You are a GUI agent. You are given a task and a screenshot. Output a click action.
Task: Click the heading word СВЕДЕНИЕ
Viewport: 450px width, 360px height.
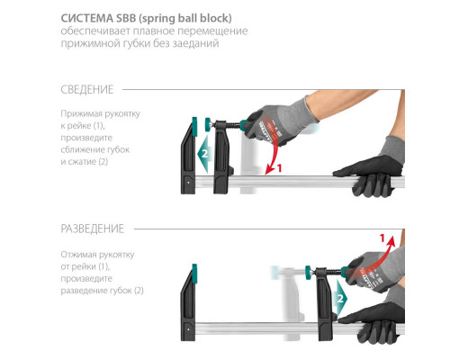point(87,89)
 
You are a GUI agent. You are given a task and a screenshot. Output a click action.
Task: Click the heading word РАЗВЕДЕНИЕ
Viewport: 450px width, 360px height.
point(93,229)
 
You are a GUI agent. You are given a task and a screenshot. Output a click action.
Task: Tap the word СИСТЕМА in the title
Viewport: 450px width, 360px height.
point(87,18)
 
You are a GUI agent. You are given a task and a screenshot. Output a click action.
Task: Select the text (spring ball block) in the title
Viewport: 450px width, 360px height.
point(185,19)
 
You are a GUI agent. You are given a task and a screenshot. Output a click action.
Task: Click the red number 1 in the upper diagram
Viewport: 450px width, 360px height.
point(280,168)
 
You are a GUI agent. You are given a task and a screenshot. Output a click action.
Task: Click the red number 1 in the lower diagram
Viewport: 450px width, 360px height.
point(382,238)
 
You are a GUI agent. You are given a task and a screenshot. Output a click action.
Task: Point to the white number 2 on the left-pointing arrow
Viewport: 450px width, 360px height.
point(204,154)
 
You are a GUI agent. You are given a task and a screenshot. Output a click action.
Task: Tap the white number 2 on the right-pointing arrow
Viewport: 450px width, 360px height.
point(340,299)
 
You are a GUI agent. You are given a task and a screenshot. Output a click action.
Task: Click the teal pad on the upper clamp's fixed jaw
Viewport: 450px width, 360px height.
point(194,126)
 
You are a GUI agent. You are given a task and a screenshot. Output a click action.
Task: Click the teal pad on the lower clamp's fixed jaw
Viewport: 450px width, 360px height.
point(194,274)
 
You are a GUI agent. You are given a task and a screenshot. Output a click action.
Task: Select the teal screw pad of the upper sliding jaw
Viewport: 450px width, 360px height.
point(208,124)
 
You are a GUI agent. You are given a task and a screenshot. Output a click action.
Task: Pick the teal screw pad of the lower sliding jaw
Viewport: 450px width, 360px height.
point(308,272)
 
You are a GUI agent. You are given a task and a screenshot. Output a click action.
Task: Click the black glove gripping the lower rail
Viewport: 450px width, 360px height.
point(373,322)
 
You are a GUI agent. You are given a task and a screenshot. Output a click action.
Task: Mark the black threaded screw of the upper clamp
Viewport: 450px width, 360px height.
point(233,125)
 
